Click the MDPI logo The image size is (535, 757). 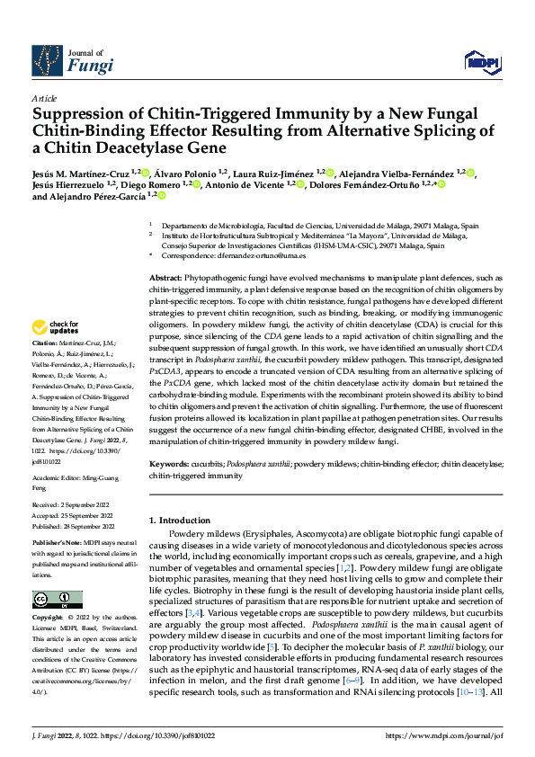coord(480,61)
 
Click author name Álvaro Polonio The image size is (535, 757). coord(190,172)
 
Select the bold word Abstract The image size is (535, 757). coord(165,281)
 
